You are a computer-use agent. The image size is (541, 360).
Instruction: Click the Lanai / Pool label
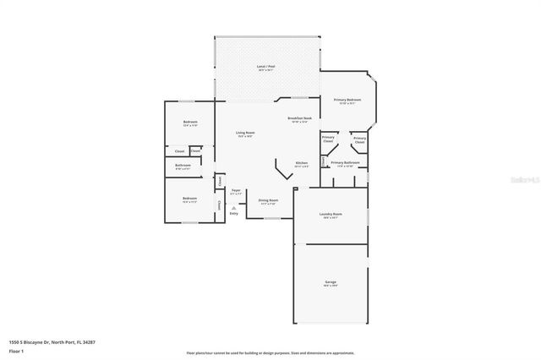pos(266,67)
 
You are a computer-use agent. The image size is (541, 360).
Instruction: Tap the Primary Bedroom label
pos(347,101)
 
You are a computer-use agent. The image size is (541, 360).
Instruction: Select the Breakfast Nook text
pos(299,119)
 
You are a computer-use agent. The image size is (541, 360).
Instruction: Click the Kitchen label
pos(301,164)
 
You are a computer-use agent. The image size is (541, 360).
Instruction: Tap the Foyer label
pos(237,192)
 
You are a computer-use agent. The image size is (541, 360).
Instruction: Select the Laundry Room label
pos(331,215)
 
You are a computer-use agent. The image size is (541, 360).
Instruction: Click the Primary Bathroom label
pos(346,163)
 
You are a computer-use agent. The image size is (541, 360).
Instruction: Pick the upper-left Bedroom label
pos(189,123)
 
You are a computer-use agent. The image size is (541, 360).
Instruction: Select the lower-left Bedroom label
pos(189,200)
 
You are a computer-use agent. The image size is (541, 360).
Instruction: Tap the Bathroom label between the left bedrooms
pos(183,166)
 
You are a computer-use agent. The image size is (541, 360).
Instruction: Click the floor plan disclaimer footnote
pos(270,353)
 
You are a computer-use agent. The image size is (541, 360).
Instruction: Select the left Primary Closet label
pos(328,139)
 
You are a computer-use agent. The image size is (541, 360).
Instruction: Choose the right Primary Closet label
pos(359,139)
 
